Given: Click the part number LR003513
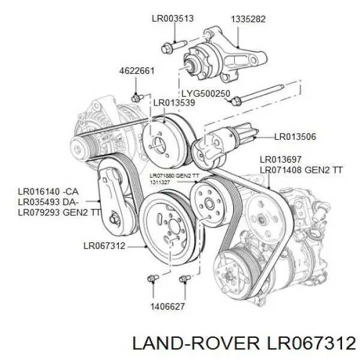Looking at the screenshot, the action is pyautogui.click(x=173, y=19).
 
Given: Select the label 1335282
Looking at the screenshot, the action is pyautogui.click(x=248, y=19).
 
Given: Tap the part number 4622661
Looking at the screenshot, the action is pyautogui.click(x=137, y=71).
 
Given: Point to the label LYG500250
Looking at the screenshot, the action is pyautogui.click(x=206, y=94).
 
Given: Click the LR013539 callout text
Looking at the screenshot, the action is pyautogui.click(x=174, y=103).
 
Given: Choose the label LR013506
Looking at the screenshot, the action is pyautogui.click(x=295, y=137).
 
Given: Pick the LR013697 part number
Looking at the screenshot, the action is pyautogui.click(x=280, y=160).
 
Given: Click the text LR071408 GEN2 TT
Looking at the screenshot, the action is pyautogui.click(x=301, y=170).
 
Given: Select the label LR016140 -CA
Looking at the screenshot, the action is pyautogui.click(x=48, y=191).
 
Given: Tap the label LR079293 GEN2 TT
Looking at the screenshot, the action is pyautogui.click(x=59, y=212).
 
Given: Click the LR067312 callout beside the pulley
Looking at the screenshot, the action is pyautogui.click(x=104, y=246).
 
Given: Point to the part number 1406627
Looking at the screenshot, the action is pyautogui.click(x=167, y=307).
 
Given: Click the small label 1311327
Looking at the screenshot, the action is pyautogui.click(x=160, y=182).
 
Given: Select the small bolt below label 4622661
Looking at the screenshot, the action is pyautogui.click(x=137, y=98).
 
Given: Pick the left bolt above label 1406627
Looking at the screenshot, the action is pyautogui.click(x=153, y=278).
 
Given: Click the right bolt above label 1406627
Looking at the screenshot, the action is pyautogui.click(x=185, y=278).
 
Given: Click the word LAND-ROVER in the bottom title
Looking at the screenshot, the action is pyautogui.click(x=196, y=343).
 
